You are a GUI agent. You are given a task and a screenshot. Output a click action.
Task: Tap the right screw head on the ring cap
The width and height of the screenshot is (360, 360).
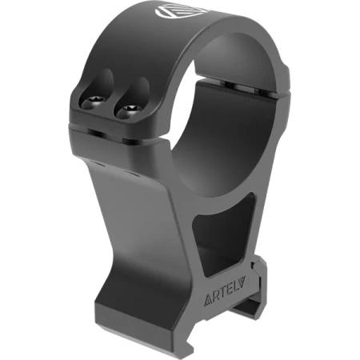(130, 109)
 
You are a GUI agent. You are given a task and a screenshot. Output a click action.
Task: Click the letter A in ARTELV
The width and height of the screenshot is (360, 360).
(208, 301)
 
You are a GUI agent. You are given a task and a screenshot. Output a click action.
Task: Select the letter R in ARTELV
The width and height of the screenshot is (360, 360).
(216, 298)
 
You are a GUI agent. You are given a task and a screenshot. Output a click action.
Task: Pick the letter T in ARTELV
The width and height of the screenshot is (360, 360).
(223, 294)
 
